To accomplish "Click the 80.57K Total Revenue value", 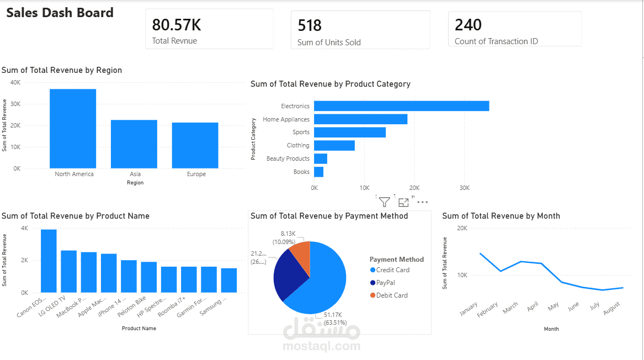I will (x=177, y=25).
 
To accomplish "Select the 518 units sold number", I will (x=310, y=25).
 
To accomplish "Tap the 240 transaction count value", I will (x=468, y=25).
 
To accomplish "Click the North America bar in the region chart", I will (x=73, y=129).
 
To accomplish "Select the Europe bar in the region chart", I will (x=195, y=145).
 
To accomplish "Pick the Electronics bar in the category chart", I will (x=401, y=106).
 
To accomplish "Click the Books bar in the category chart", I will (x=318, y=172).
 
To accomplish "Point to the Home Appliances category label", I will (x=286, y=119).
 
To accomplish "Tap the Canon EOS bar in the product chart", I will (x=49, y=261).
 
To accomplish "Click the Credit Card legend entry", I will (x=392, y=270).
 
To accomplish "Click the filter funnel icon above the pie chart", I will (x=385, y=202).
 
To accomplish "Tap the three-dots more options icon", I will (x=422, y=202).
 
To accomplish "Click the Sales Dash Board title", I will (x=60, y=13).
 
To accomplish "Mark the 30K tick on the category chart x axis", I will (x=464, y=188).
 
